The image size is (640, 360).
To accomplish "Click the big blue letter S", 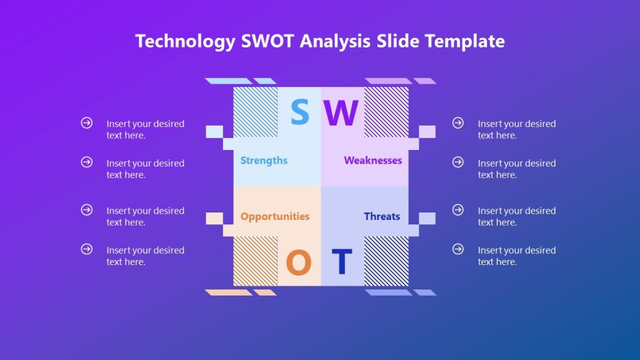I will coord(300,112).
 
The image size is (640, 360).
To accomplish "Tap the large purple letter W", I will coord(341,113).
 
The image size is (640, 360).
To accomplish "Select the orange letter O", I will coord(299,262).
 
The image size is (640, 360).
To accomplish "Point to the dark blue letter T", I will coord(342,262).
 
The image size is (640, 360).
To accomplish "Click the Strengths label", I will coord(264,161).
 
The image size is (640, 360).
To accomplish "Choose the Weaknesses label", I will coord(372,161).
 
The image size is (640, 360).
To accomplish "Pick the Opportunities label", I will coord(274,216).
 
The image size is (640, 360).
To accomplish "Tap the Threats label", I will coord(382,216).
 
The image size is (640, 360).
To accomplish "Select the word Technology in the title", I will coord(185,41).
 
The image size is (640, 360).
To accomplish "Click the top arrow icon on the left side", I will coord(87,123).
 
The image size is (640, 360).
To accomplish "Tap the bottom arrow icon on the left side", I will coord(87,249).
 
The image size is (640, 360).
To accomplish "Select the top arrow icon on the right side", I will coord(458,123).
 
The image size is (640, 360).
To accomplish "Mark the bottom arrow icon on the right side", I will coord(458,249).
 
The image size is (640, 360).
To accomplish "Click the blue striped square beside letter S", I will coord(255,112).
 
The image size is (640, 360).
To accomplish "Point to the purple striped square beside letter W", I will coord(386,112).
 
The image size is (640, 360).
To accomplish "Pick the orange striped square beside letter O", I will coord(255,261).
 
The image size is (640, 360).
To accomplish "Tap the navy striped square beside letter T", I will coord(386,261).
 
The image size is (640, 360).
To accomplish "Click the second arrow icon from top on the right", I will coord(458,162).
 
